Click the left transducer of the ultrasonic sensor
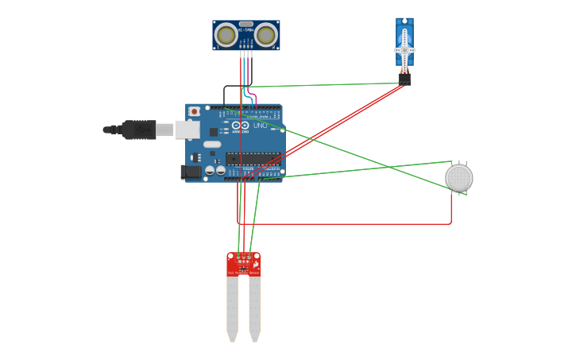pos(226,35)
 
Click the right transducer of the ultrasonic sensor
pos(266,35)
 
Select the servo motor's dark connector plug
pos(404,78)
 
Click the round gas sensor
pos(458,178)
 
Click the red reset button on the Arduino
pos(194,111)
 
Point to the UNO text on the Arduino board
pos(261,126)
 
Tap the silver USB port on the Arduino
pos(187,129)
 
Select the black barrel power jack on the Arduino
pos(191,172)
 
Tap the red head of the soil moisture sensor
pos(243,265)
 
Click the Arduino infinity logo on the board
pos(242,126)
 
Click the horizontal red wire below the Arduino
pos(342,223)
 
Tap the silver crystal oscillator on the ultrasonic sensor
pos(246,25)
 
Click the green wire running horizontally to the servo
pos(318,84)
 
